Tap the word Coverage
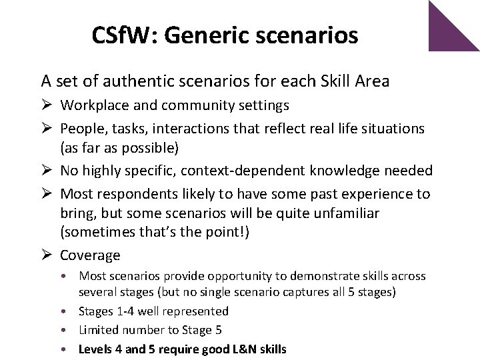click(90, 255)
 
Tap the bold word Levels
click(95, 349)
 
